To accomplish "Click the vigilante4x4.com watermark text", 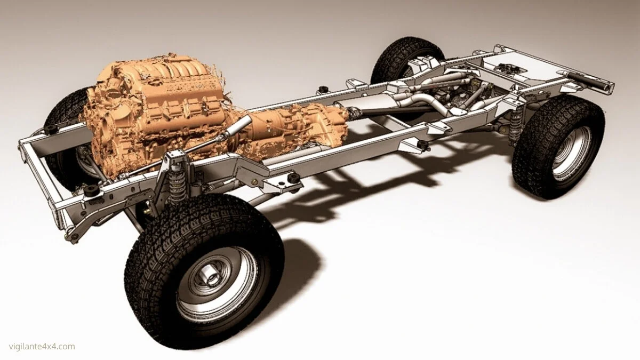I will coord(38,347).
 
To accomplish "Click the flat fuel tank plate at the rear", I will coord(528,67).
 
